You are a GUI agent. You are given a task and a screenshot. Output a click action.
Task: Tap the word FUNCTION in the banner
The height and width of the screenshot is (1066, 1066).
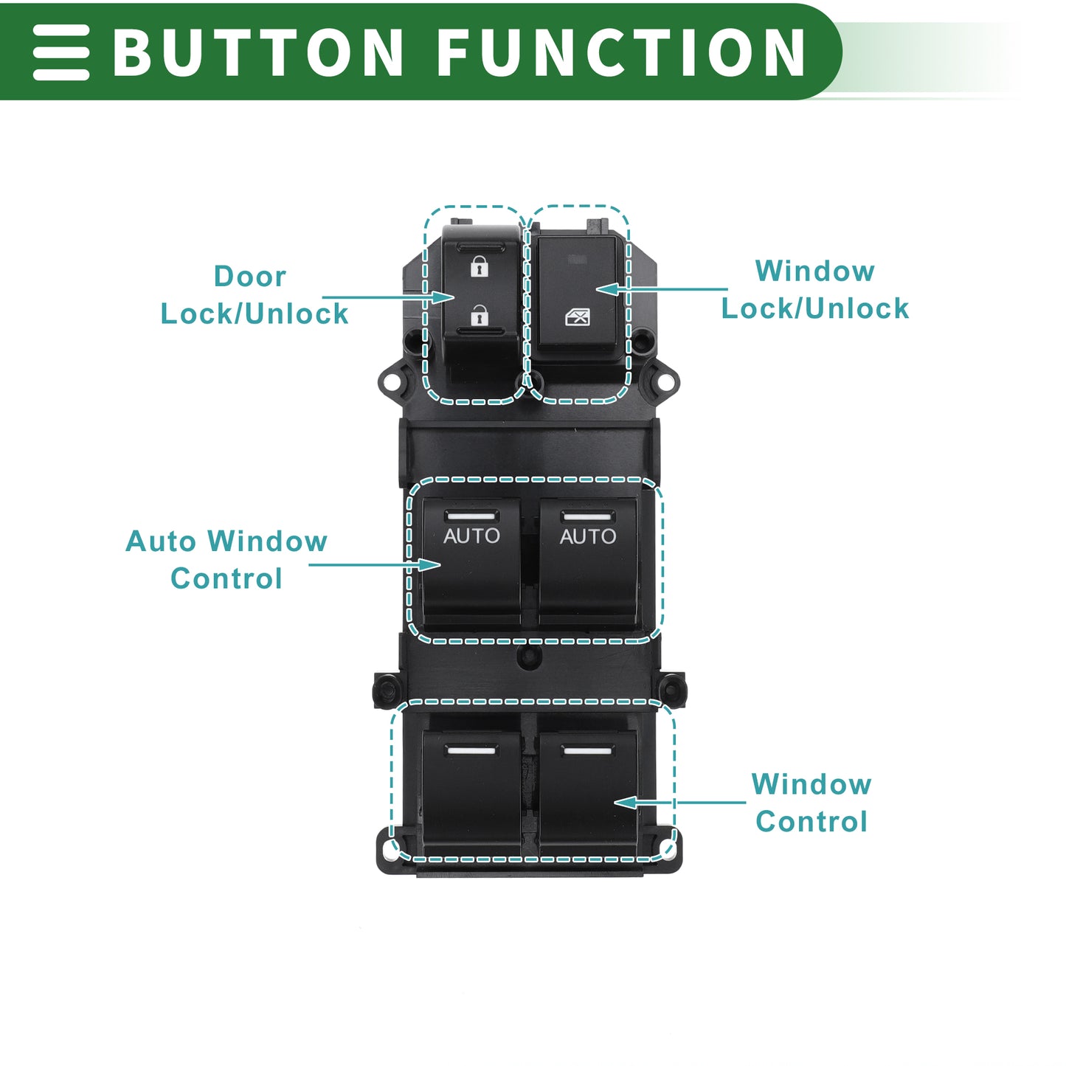[620, 52]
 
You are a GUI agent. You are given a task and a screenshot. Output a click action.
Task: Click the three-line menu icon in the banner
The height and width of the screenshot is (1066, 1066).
[60, 52]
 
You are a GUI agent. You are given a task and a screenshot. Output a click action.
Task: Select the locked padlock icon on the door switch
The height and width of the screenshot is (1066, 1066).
[479, 266]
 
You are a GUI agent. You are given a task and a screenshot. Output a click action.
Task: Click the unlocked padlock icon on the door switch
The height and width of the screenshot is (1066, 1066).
[479, 315]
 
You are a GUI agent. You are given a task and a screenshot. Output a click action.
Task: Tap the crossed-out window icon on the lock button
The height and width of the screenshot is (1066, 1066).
[577, 316]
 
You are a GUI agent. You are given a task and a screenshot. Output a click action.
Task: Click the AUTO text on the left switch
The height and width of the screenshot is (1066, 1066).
[471, 536]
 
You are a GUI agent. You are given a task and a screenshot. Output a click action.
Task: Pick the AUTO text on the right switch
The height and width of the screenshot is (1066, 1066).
[587, 536]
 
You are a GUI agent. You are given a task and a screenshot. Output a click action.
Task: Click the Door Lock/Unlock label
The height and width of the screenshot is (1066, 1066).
[254, 295]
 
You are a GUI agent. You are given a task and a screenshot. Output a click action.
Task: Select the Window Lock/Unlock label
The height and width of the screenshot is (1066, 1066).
[815, 290]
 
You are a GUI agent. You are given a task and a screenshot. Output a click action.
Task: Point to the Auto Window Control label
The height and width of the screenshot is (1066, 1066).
[226, 559]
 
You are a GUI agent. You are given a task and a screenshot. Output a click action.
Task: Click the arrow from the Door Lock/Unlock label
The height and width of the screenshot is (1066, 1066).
[388, 297]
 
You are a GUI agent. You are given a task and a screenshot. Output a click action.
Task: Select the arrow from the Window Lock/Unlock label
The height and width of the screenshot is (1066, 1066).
[662, 288]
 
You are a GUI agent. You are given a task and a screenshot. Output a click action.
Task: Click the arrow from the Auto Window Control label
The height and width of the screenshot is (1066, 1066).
[375, 564]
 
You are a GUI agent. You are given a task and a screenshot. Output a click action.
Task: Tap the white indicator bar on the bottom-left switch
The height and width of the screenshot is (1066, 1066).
[471, 751]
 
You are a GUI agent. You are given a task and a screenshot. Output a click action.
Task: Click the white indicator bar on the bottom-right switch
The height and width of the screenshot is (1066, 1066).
[587, 751]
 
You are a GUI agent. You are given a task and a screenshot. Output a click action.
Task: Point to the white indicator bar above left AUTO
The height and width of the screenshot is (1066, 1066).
[471, 516]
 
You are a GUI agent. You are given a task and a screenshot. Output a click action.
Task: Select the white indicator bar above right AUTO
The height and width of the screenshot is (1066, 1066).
[587, 516]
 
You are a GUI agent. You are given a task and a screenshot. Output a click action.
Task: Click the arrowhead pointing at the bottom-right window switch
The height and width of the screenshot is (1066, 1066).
[625, 802]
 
